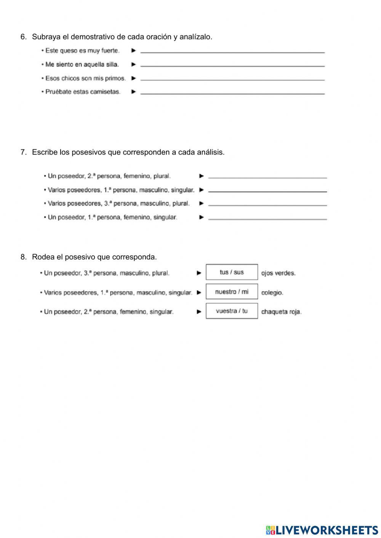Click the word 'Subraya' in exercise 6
(x=43, y=37)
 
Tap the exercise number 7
(x=23, y=152)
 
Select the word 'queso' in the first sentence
(x=69, y=51)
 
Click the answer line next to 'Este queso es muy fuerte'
(x=232, y=51)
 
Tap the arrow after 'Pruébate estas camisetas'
(x=133, y=92)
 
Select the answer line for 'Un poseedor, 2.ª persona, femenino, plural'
(x=267, y=177)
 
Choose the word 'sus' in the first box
(x=239, y=272)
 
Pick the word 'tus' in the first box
(x=224, y=272)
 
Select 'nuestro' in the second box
(x=226, y=292)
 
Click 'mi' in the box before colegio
(x=245, y=292)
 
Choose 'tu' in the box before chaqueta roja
(x=245, y=311)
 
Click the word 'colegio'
(x=272, y=293)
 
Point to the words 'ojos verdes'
(x=278, y=273)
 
